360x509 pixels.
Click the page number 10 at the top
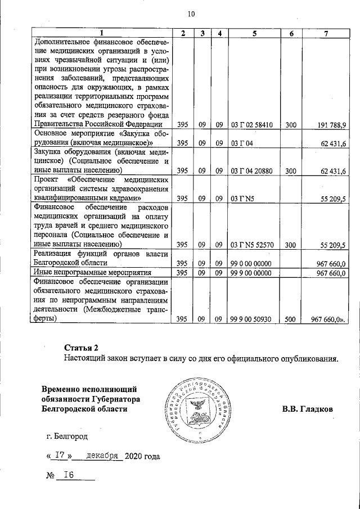point(191,13)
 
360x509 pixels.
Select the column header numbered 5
point(254,34)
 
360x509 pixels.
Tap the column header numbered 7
point(326,34)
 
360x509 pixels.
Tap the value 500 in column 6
point(291,319)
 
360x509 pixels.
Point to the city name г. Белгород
point(67,435)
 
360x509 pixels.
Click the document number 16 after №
point(69,475)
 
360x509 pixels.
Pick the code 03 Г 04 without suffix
point(243,143)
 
